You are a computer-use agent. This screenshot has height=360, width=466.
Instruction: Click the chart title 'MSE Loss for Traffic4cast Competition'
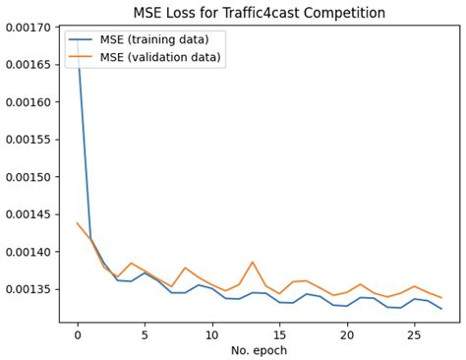(x=259, y=13)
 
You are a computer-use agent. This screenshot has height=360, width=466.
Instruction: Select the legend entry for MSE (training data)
(x=160, y=40)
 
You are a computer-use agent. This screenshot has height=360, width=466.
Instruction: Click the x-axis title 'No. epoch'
(x=259, y=349)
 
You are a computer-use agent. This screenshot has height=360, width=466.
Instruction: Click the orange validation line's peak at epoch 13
(x=253, y=262)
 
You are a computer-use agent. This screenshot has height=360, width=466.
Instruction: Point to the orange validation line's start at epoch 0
(x=78, y=223)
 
